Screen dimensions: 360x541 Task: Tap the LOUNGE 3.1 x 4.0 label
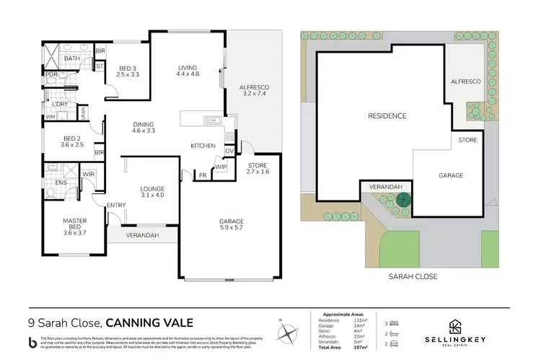click(152, 190)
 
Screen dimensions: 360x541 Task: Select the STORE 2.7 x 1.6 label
click(257, 169)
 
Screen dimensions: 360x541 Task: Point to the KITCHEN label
click(203, 146)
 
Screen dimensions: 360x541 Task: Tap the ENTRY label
click(116, 206)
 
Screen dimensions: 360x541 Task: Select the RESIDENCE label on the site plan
click(387, 115)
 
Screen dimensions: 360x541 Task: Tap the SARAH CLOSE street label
click(413, 276)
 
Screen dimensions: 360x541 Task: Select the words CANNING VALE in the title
click(151, 322)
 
